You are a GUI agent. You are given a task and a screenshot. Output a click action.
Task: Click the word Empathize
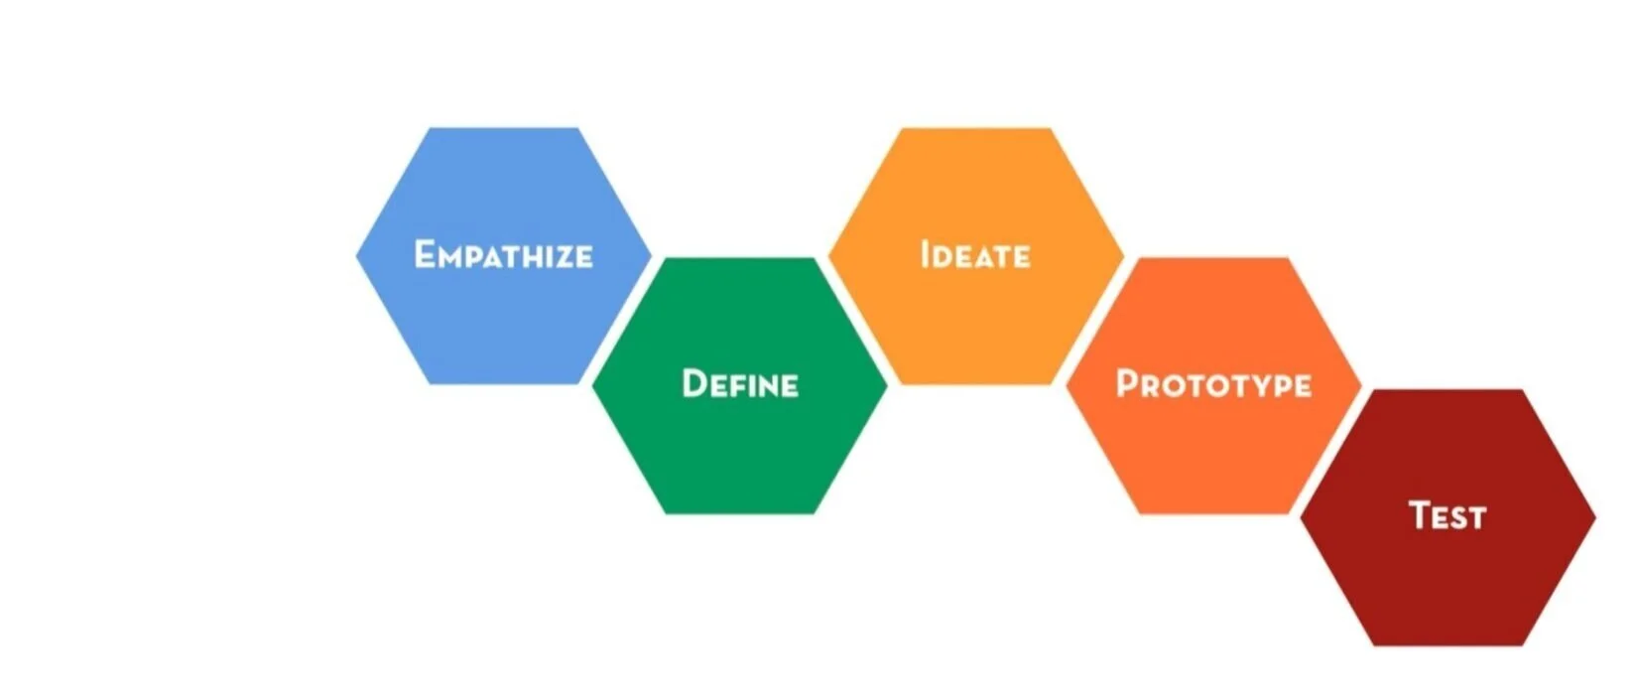pos(503,255)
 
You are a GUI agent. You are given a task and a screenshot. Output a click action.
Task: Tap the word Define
pos(740,384)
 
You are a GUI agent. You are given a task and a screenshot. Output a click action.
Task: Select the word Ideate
pos(975,255)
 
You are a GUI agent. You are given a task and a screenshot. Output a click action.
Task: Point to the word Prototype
pos(1213,384)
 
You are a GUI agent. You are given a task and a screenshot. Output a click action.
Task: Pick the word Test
pos(1447,515)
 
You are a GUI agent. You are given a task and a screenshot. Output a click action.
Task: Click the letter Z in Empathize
pos(561,257)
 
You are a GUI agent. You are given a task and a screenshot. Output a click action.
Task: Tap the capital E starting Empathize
pos(426,254)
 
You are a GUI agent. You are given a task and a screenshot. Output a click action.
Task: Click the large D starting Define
pos(694,384)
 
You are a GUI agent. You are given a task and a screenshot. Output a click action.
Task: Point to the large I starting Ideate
pos(925,254)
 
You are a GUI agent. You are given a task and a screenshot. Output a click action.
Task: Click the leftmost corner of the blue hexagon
pos(356,255)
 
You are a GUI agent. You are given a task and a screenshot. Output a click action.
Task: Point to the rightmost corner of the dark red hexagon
pos(1595,516)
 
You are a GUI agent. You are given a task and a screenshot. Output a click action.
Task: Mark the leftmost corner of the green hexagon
pos(593,385)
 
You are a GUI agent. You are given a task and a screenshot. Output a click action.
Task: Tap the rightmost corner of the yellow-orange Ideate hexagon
pos(1123,256)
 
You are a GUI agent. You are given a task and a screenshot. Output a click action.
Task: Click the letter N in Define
pos(770,386)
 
